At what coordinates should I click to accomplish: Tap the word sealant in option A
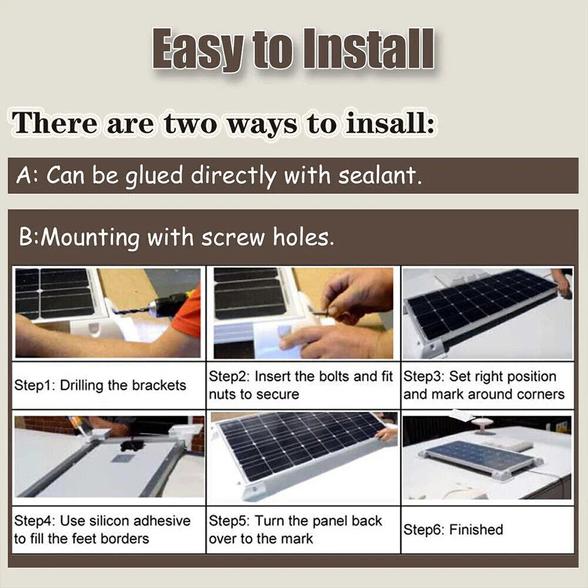tap(383, 176)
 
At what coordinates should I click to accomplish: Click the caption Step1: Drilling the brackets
tap(100, 386)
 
